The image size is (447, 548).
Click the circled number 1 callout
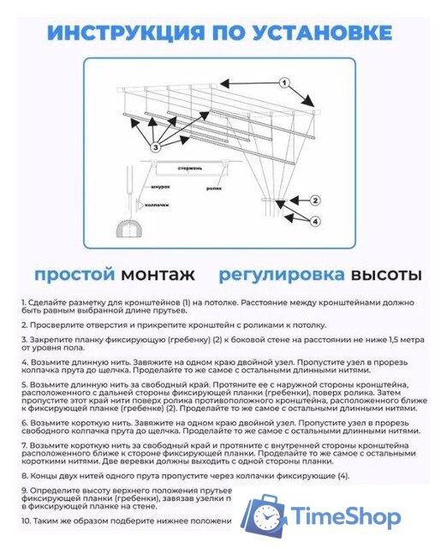[x=283, y=83]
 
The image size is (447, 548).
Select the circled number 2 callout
[x=314, y=200]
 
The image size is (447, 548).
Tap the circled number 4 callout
[x=314, y=221]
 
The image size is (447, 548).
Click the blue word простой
[x=74, y=275]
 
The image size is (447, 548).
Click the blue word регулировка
[x=283, y=275]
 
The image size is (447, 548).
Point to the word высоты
[x=386, y=275]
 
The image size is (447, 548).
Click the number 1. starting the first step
[x=24, y=304]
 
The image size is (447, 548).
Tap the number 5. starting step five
[x=24, y=385]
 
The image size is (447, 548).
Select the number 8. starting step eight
[x=24, y=474]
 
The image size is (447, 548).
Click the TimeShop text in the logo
[x=346, y=516]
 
